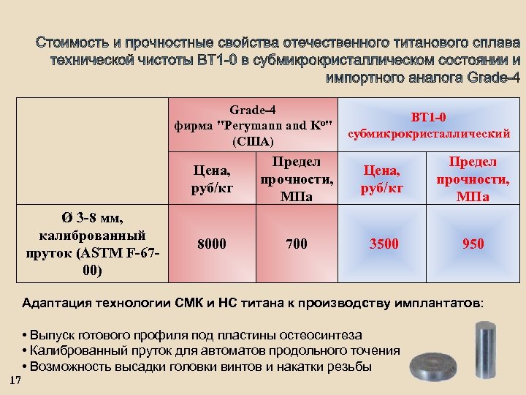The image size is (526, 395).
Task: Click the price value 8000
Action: tap(212, 244)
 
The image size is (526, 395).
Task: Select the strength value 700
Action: tap(297, 244)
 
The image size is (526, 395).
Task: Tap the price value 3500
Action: tap(384, 244)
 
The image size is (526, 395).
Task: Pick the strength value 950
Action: tap(473, 244)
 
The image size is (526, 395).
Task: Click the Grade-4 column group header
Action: tap(254, 124)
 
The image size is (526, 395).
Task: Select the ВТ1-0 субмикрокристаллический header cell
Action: tap(428, 124)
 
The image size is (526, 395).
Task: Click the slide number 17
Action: tap(15, 378)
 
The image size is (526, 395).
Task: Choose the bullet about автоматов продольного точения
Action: tap(212, 350)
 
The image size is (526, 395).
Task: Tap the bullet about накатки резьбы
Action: tap(197, 366)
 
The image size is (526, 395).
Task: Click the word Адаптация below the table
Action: tap(59, 303)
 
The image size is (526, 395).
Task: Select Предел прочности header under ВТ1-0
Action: tap(473, 178)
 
